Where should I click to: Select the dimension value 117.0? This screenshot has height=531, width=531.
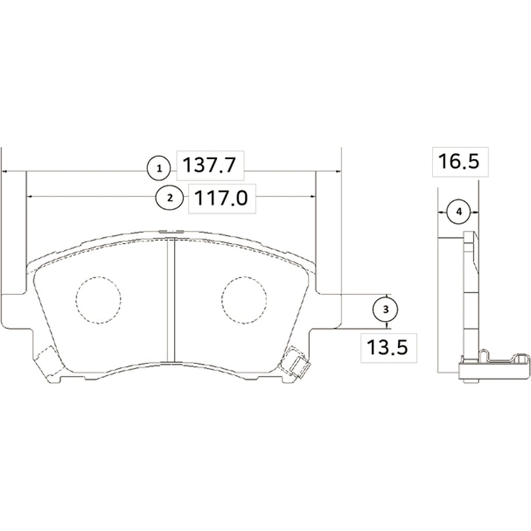click(x=221, y=199)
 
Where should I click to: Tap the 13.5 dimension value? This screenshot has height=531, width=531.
click(x=387, y=348)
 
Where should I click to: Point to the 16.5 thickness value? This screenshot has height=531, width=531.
click(x=458, y=161)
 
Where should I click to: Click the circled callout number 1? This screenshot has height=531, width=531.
click(x=158, y=169)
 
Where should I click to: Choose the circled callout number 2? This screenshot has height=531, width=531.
click(x=169, y=198)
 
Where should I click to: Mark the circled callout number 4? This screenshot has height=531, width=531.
click(x=459, y=212)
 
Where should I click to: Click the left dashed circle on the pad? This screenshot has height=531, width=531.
click(x=98, y=300)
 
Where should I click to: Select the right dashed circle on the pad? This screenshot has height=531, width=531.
click(x=244, y=300)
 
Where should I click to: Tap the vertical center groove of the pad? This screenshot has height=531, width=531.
click(x=172, y=300)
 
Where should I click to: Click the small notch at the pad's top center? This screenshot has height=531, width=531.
click(x=171, y=232)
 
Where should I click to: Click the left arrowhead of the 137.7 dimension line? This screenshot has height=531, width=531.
click(x=5, y=172)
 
